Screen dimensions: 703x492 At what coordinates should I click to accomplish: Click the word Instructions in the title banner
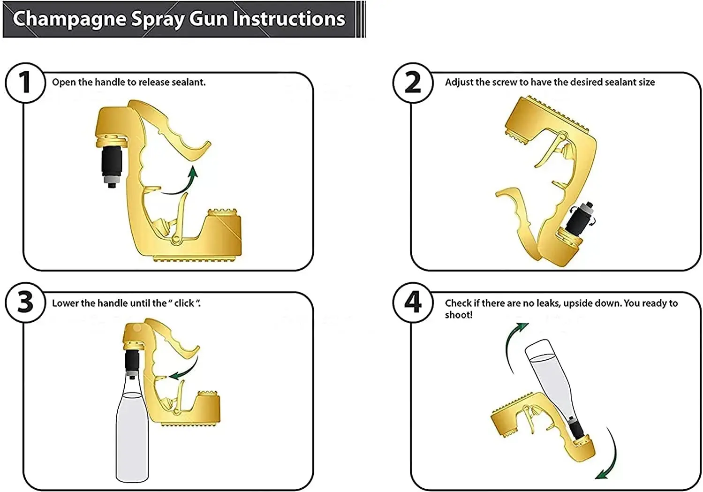pos(289,18)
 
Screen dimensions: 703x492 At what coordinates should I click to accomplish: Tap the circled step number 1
pos(25,83)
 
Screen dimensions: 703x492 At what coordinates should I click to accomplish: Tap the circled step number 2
pos(413,83)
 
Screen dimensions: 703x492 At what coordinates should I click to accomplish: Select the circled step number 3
pos(25,303)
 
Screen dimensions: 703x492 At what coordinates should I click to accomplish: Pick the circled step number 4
pos(413,303)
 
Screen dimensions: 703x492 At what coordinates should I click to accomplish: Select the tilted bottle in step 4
pos(552,383)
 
